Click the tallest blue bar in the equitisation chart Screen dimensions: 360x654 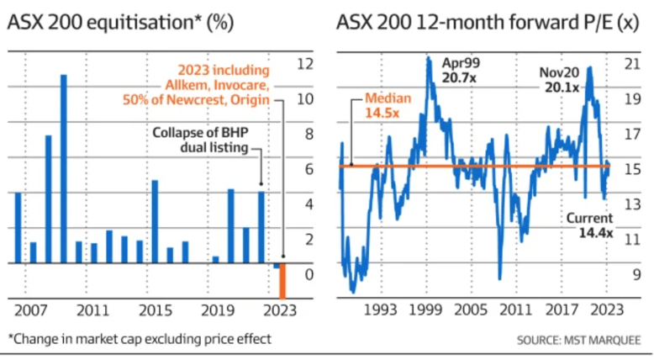point(63,168)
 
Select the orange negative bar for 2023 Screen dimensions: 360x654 point(282,281)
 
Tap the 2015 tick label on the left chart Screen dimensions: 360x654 point(151,309)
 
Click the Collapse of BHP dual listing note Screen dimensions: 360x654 point(200,140)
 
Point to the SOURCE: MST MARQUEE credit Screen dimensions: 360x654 point(581,340)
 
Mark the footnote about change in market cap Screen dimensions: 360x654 point(140,340)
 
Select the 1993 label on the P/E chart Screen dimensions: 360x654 point(378,309)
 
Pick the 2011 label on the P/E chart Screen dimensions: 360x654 point(511,309)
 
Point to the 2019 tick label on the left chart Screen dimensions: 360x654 point(219,309)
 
